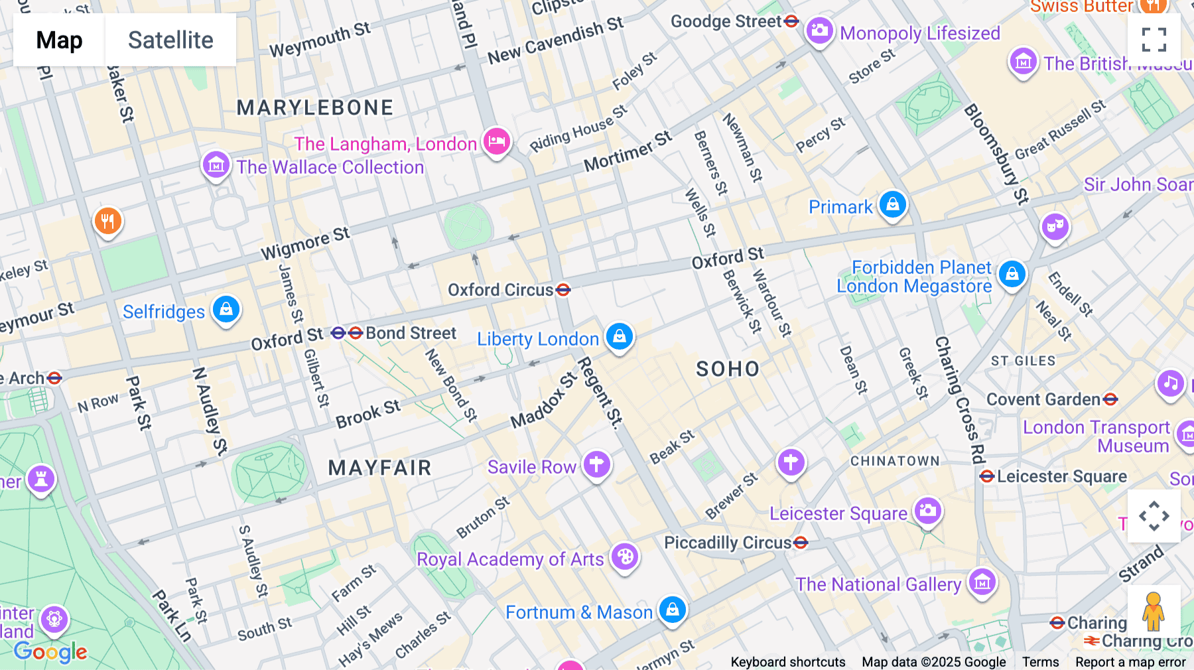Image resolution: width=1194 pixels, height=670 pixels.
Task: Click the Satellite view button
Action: [x=170, y=40]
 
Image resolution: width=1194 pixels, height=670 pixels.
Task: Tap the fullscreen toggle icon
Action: [x=1154, y=40]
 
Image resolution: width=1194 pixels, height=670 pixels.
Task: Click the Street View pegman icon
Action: [x=1153, y=611]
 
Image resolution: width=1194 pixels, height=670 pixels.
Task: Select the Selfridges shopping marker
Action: [x=226, y=309]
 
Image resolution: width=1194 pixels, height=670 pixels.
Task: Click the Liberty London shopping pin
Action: [x=619, y=336]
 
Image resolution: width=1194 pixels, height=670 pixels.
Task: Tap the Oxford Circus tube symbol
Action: [x=563, y=290]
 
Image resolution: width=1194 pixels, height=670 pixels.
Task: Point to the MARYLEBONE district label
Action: [x=315, y=107]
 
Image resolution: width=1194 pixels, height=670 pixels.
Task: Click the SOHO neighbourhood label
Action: [x=728, y=369]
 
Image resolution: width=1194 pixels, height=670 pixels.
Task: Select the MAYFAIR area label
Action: [x=379, y=468]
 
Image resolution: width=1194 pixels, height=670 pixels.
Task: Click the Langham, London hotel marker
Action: [x=496, y=141]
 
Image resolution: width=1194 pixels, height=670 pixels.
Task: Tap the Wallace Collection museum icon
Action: [x=216, y=165]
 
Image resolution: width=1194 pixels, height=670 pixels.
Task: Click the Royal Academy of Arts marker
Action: [x=624, y=557]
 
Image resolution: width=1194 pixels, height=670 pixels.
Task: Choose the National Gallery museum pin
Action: [x=982, y=582]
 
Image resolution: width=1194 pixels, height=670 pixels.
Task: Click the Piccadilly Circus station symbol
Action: [x=801, y=543]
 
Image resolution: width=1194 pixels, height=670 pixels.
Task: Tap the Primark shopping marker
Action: [x=892, y=204]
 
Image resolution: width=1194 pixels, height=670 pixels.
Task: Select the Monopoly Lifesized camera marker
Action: [x=819, y=31]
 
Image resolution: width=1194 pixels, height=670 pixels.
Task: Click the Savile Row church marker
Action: [x=596, y=464]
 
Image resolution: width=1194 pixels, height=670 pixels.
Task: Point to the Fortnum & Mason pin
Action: [x=672, y=608]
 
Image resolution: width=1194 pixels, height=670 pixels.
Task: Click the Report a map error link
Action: [x=1130, y=662]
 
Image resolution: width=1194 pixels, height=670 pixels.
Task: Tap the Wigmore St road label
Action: [x=305, y=243]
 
